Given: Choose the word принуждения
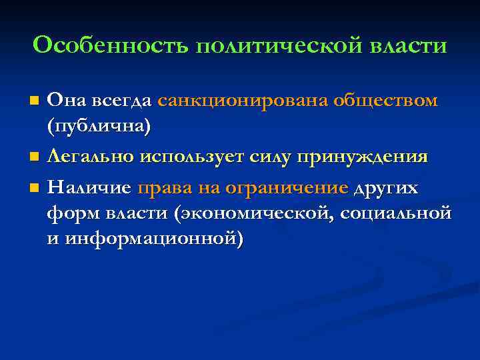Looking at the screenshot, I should pyautogui.click(x=362, y=157).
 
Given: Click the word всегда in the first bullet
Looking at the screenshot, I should pyautogui.click(x=123, y=101).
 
